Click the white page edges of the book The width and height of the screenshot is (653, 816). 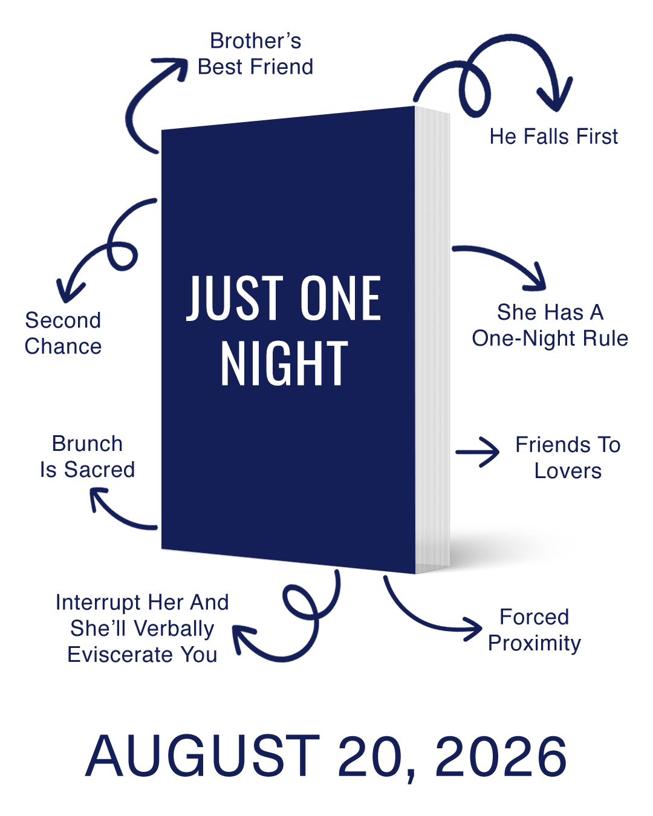[433, 338]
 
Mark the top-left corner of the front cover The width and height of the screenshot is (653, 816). [161, 130]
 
